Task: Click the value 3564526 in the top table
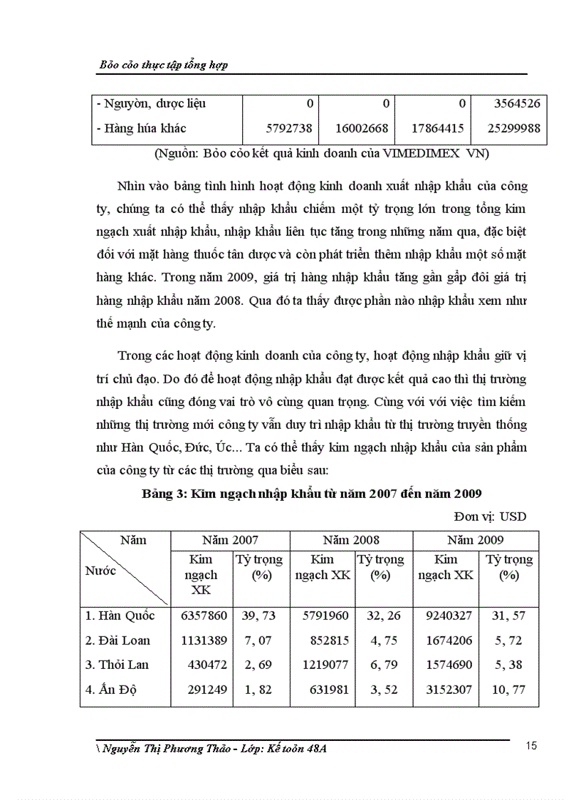[x=516, y=103]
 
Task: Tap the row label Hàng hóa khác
[x=140, y=128]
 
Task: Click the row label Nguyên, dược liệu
[x=150, y=103]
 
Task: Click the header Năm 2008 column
[x=351, y=540]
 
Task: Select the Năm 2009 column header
[x=476, y=540]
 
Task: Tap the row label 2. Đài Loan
[x=117, y=640]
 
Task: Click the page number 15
[x=530, y=746]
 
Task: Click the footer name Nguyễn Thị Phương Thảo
[x=170, y=749]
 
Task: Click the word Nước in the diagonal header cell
[x=101, y=571]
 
